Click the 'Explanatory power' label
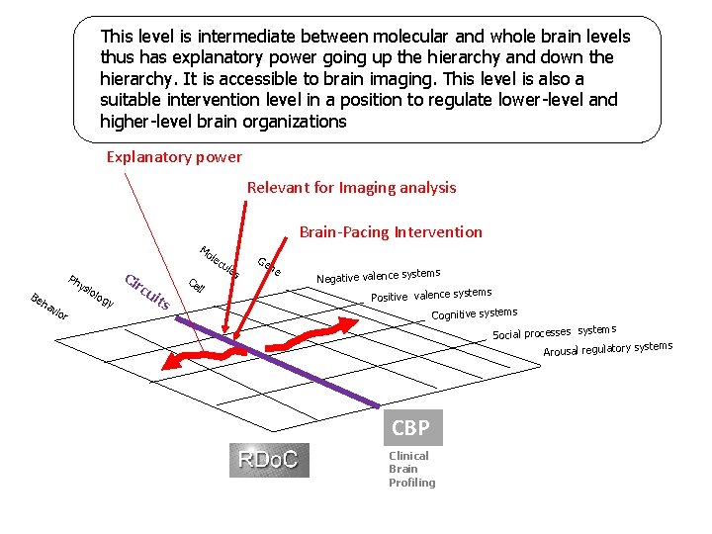tap(174, 156)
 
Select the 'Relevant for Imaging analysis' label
tap(351, 187)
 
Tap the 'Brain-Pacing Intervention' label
tap(391, 232)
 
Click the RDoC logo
tap(269, 460)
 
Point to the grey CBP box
tap(410, 428)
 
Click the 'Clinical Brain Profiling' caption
tap(411, 469)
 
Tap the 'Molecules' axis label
tap(221, 260)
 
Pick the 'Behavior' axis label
tap(48, 307)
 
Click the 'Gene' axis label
tap(268, 266)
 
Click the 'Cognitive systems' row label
tap(474, 314)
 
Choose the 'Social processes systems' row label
tap(554, 332)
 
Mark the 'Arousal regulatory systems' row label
tap(607, 349)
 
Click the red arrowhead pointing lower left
tap(170, 365)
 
